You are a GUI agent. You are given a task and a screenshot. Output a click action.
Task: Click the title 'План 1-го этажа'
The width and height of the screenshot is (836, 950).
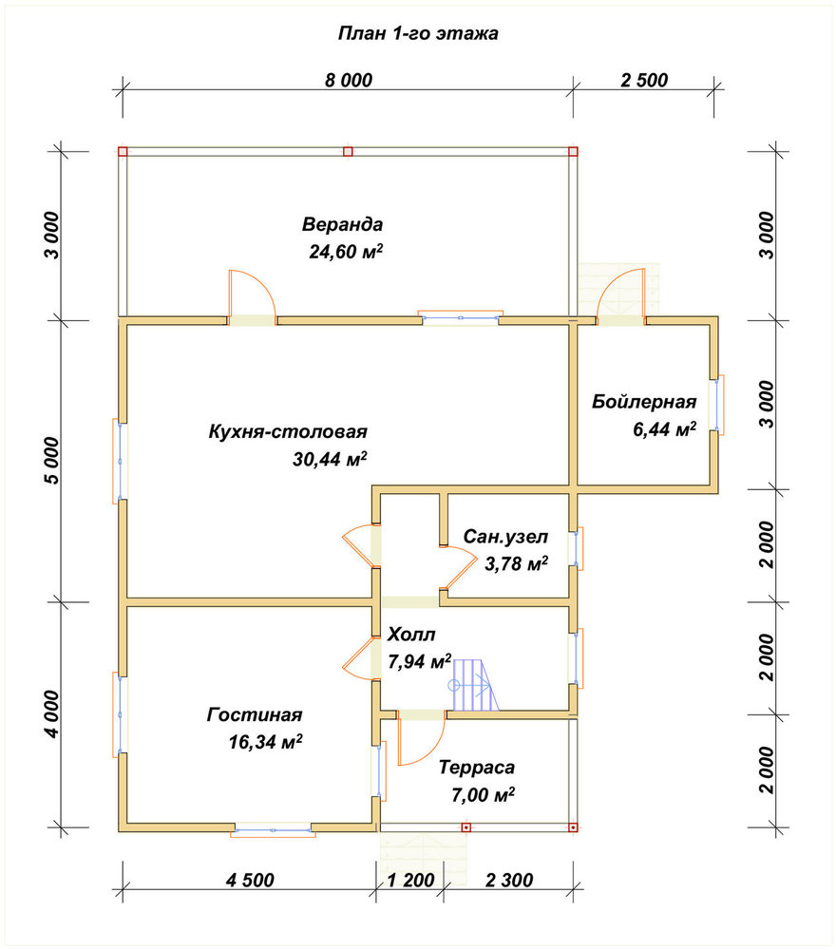click(418, 32)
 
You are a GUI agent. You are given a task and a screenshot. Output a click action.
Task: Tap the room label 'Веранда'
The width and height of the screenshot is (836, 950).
click(342, 224)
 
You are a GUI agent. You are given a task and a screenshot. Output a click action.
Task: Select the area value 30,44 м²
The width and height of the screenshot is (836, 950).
click(331, 459)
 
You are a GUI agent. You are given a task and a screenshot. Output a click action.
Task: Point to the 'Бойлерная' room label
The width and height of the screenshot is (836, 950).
click(644, 402)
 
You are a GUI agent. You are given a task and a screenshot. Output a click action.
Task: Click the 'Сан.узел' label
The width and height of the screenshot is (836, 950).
click(505, 537)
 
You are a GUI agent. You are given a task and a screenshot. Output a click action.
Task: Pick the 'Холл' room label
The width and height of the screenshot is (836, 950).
click(411, 635)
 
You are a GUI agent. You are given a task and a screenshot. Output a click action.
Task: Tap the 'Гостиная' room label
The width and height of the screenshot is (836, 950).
click(255, 715)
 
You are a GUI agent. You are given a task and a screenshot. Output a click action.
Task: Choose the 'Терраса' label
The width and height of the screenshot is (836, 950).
click(477, 768)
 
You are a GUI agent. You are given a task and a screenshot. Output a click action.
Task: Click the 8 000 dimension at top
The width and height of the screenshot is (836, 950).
click(349, 80)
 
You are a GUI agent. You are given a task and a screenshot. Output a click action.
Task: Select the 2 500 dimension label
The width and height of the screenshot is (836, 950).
click(644, 80)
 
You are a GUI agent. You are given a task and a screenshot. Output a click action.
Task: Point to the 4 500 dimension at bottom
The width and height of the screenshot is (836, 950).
click(250, 880)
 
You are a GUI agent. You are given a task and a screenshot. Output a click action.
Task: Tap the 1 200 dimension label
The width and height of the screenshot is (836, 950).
click(410, 880)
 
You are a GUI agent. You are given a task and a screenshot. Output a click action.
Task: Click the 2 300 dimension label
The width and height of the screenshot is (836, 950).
click(509, 880)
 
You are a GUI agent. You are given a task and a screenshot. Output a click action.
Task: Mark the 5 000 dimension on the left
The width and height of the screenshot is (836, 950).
click(52, 461)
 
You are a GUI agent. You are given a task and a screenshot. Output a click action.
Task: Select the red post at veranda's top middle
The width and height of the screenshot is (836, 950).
click(348, 151)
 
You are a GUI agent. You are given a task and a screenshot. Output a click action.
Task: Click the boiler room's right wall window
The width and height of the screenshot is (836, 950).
click(716, 406)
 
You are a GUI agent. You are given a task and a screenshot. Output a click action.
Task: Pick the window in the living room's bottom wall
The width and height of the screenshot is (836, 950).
click(273, 828)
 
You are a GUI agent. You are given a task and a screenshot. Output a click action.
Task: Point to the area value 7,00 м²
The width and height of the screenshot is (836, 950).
click(483, 794)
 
